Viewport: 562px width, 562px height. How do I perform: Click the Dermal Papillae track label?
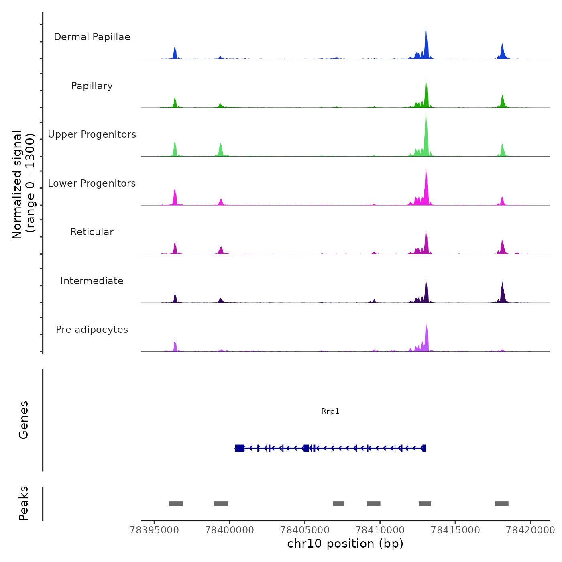[x=92, y=37]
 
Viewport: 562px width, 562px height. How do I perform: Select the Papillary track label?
[x=92, y=86]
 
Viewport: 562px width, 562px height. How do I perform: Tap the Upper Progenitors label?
[x=92, y=134]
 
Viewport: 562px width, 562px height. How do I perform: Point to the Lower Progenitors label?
[x=92, y=183]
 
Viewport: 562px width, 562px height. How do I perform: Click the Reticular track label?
[x=92, y=232]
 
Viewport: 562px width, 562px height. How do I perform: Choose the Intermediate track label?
[x=92, y=281]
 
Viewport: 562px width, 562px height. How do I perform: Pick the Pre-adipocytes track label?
[x=92, y=330]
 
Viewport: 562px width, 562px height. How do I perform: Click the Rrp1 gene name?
[x=330, y=411]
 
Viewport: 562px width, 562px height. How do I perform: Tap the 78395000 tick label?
[x=154, y=530]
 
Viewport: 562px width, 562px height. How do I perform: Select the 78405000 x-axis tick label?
[x=305, y=530]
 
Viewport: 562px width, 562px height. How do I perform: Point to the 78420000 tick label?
[x=530, y=530]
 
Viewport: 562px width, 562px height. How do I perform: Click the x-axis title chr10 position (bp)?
[x=345, y=544]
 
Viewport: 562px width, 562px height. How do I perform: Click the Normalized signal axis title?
[x=23, y=185]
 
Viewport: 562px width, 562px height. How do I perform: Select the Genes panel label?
[x=24, y=420]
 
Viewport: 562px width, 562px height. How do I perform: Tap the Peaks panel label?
[x=24, y=503]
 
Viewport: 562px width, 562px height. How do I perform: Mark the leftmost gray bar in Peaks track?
[x=176, y=504]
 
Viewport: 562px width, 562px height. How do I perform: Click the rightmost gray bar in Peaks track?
[x=501, y=504]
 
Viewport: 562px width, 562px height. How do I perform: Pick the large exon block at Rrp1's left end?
[x=240, y=448]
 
